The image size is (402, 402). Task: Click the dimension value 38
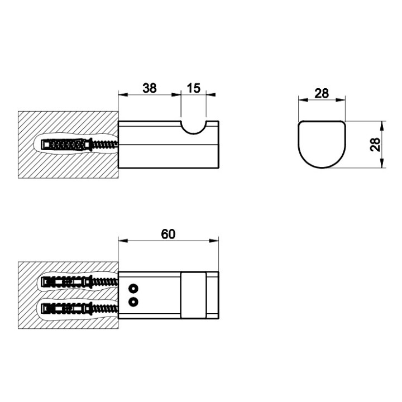(x=150, y=88)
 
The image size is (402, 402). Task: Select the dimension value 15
(x=194, y=88)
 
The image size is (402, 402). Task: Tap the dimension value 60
(x=168, y=234)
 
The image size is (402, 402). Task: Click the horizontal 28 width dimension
(x=322, y=93)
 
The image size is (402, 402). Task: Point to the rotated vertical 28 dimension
(x=376, y=145)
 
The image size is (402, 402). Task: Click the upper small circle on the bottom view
(x=133, y=289)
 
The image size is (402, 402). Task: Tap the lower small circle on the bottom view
(x=133, y=301)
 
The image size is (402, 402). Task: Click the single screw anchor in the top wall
(x=79, y=145)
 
